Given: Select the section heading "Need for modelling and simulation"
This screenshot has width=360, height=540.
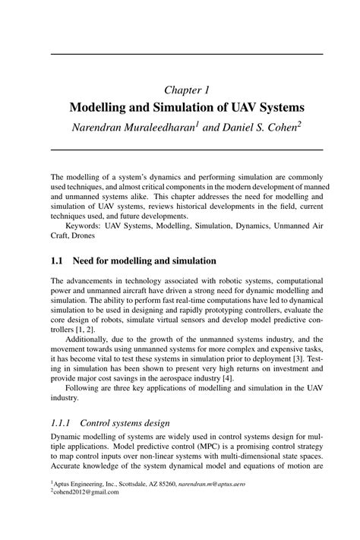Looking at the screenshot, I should pos(139,261).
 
